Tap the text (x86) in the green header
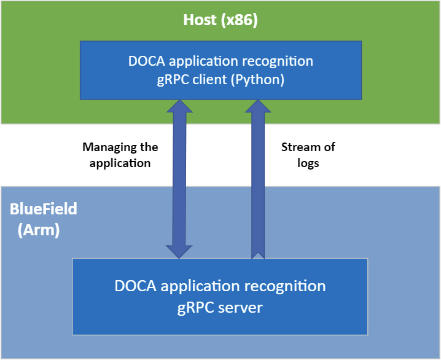point(238,20)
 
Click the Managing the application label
point(120,155)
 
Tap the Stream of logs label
point(308,155)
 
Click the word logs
point(308,163)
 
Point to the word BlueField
point(44,209)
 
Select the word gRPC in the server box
point(196,307)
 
